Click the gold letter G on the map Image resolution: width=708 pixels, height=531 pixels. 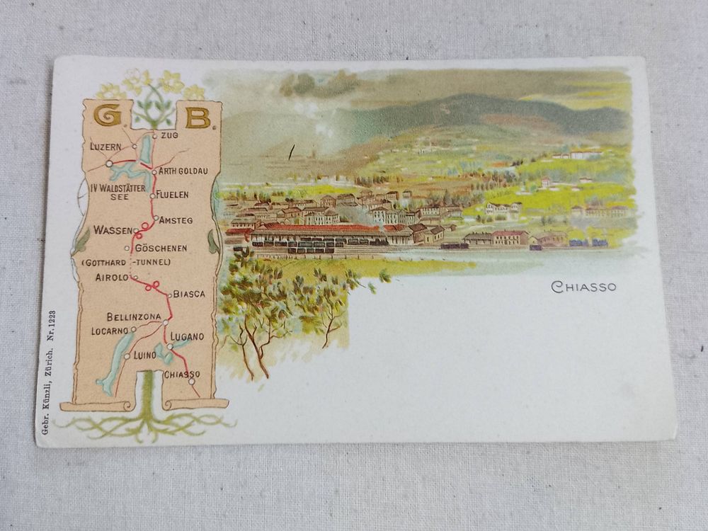point(107,116)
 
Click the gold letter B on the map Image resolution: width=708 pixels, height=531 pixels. point(198,117)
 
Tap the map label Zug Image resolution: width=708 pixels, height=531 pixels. point(170,135)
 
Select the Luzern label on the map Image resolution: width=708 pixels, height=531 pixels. point(106,147)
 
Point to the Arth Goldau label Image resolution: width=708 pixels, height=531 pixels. point(183,171)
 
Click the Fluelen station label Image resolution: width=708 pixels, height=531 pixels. point(173,194)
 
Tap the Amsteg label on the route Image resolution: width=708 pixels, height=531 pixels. point(176,220)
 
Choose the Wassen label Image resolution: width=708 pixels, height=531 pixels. point(113,230)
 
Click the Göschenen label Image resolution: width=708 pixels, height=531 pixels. point(161,248)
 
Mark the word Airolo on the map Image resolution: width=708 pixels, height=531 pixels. point(112,278)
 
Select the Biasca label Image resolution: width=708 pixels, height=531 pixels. point(188,293)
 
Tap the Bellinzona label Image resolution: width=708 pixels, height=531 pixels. point(134,316)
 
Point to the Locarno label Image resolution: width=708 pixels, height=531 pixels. point(110,331)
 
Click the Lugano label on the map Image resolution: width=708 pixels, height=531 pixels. point(188,336)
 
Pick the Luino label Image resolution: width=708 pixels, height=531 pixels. point(144,354)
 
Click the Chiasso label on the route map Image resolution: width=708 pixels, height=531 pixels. point(182,374)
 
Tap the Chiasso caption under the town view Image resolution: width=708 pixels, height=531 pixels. point(583,287)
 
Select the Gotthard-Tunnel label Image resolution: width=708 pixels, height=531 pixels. point(127,263)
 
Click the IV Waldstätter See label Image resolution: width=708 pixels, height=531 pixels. point(118,193)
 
